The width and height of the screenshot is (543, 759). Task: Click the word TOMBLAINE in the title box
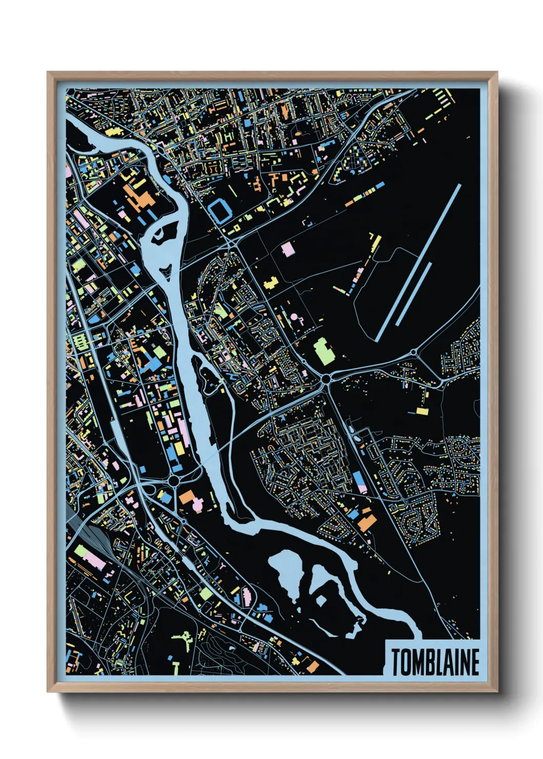(435, 662)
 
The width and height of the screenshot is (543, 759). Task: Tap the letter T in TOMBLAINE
(396, 662)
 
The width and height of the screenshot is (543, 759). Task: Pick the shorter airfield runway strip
(414, 294)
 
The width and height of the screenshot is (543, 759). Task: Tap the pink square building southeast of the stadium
(288, 249)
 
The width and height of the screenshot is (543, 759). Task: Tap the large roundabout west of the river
(174, 481)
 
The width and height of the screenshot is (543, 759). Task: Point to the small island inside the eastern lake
(322, 601)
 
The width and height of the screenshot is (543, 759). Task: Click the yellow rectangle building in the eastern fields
(422, 411)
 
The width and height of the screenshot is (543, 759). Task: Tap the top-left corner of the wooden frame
(48, 73)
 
